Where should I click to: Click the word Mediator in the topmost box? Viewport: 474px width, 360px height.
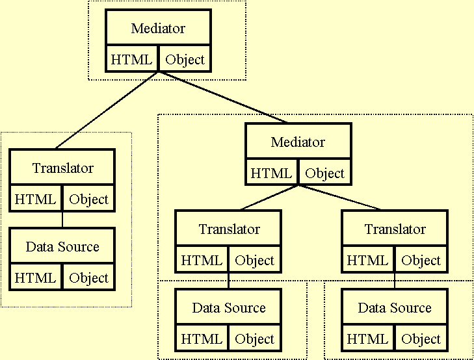[158, 29]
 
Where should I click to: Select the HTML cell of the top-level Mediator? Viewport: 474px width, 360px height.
[132, 60]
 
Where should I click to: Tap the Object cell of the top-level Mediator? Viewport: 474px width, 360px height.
[185, 60]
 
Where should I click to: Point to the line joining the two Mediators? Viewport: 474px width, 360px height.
[221, 97]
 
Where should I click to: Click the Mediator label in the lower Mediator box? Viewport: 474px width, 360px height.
[298, 142]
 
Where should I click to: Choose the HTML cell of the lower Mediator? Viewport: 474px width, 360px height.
[272, 174]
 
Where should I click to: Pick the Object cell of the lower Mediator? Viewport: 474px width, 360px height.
[324, 174]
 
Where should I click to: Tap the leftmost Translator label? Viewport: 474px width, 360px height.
[62, 168]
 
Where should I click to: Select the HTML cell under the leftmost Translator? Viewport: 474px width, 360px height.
[36, 199]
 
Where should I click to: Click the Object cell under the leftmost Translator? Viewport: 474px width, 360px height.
[88, 199]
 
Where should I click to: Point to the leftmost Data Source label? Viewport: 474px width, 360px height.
[62, 247]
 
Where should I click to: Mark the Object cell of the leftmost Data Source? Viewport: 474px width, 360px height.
[88, 277]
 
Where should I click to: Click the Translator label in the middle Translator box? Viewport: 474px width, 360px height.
[229, 229]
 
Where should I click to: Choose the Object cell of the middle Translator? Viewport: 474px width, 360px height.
[255, 261]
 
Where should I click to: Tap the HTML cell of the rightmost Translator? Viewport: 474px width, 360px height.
[368, 261]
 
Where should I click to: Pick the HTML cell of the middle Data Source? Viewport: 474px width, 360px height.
[202, 339]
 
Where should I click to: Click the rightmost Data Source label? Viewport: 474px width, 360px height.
[395, 308]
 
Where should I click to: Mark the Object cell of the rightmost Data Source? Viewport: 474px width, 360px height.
[421, 339]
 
